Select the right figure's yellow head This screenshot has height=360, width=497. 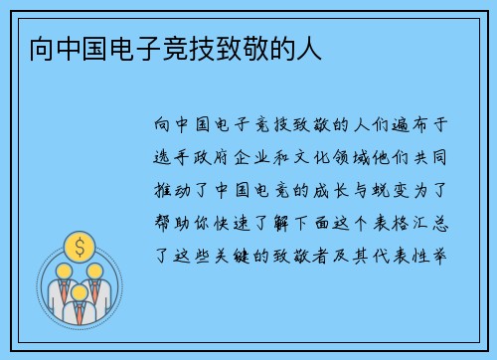95,270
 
